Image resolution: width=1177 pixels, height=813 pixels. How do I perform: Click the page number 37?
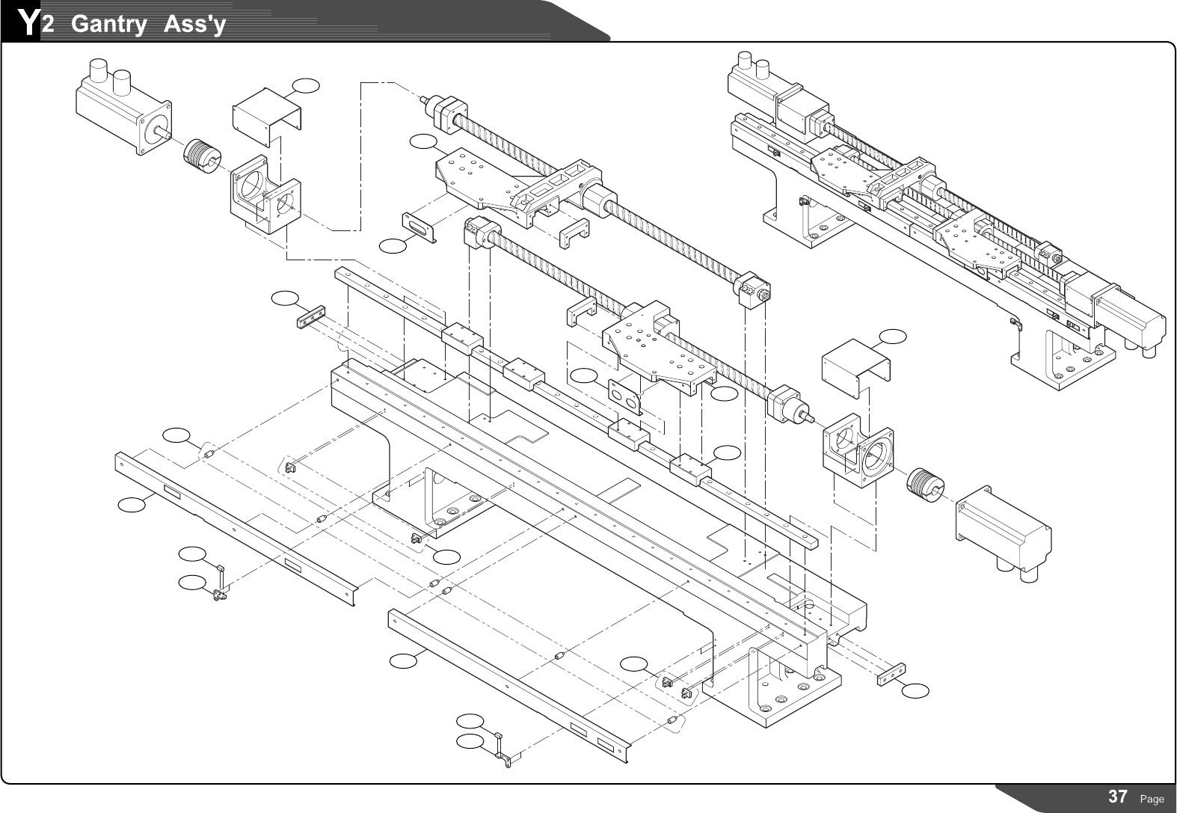tap(1117, 797)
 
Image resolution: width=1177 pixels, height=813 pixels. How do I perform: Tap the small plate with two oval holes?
tap(625, 396)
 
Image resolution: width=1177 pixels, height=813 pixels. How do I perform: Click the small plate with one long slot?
tap(420, 227)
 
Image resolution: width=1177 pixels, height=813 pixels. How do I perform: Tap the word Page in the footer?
tap(1152, 799)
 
